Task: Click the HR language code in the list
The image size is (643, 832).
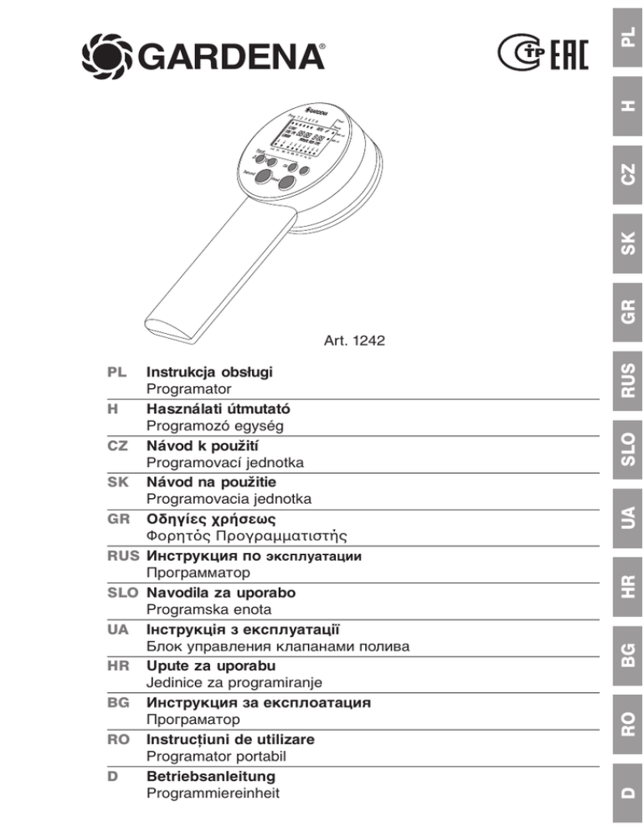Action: pos(116,666)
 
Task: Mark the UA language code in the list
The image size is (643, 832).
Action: pos(116,629)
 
